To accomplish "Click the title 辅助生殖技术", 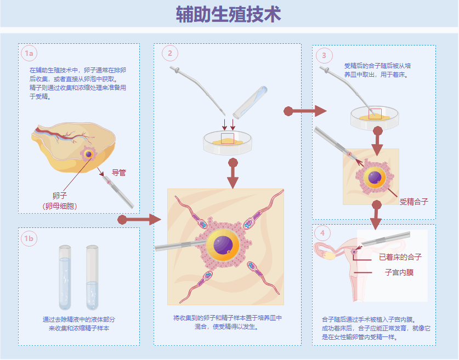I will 229,14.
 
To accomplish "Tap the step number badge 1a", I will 29,53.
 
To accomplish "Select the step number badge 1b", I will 29,238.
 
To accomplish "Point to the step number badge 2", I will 170,53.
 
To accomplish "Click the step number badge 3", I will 324,55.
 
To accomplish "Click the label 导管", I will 119,173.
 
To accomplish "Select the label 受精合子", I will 413,202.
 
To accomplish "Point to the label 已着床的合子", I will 400,257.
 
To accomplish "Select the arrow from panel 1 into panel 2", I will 139,220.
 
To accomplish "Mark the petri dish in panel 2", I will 228,142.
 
